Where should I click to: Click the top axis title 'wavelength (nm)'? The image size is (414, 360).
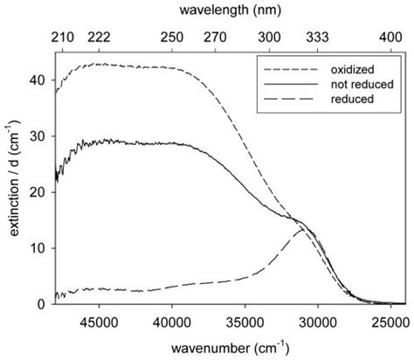230,12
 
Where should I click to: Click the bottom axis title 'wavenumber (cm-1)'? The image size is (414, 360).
230,347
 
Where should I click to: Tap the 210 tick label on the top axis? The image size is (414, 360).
62,38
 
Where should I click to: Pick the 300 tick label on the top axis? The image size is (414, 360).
270,38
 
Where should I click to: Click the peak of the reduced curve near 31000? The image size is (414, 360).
302,228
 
